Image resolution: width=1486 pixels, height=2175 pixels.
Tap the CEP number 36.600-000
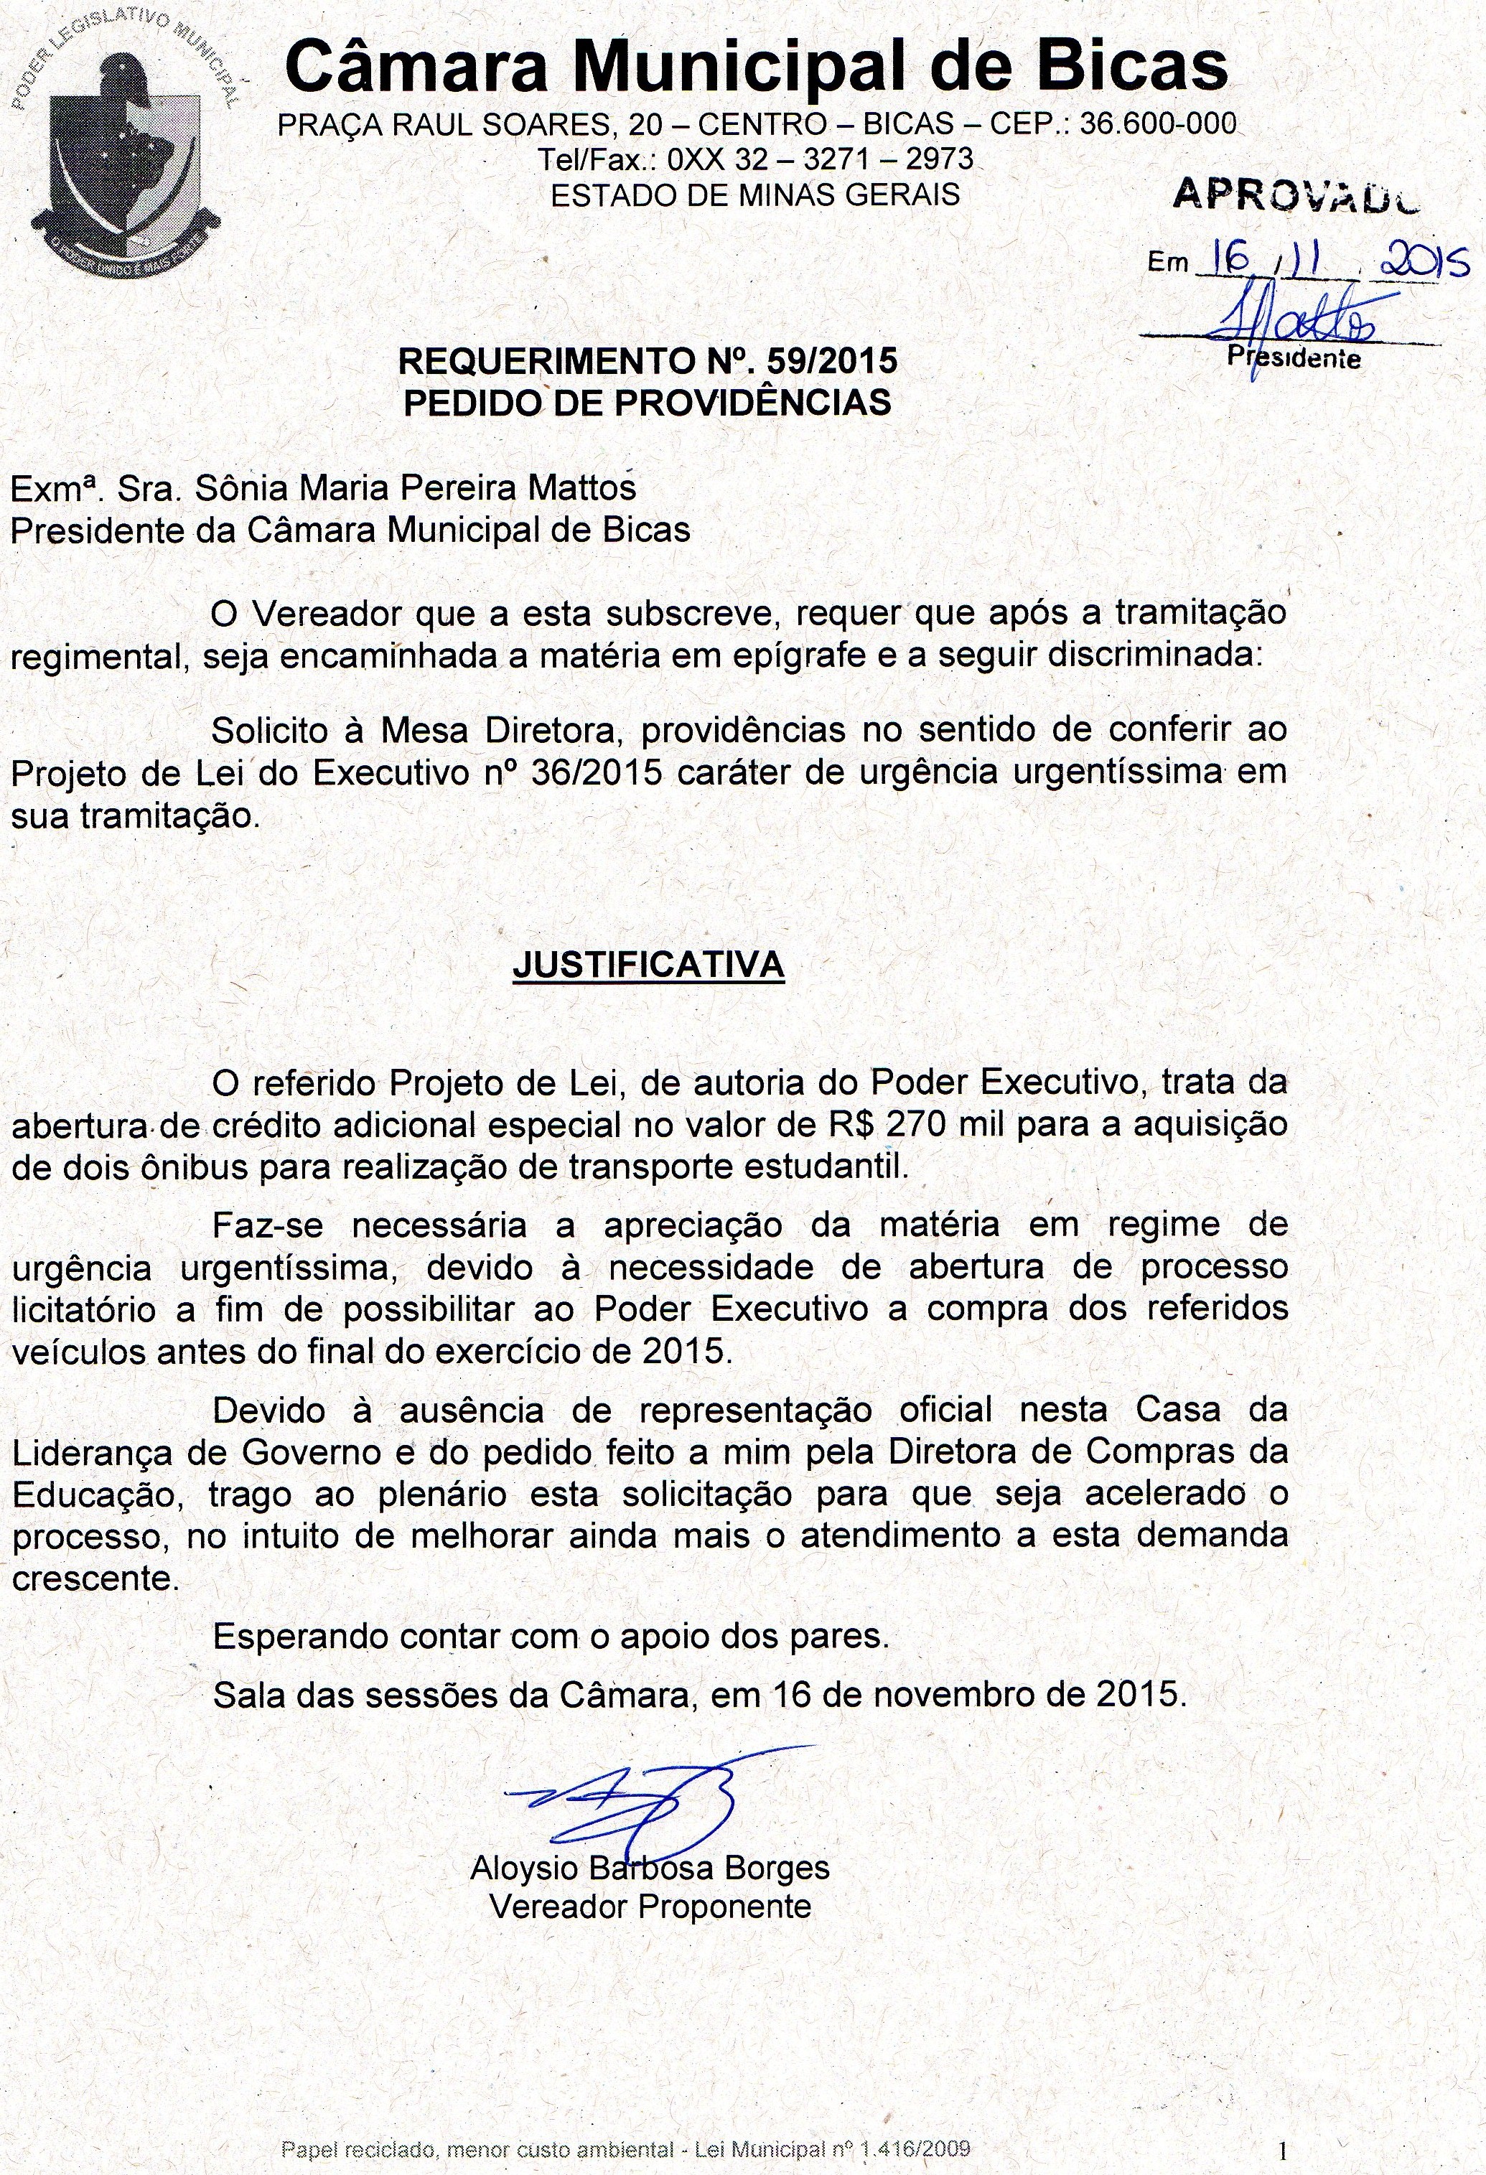[x=1157, y=123]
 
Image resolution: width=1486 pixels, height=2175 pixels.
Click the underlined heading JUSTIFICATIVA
[x=648, y=965]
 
